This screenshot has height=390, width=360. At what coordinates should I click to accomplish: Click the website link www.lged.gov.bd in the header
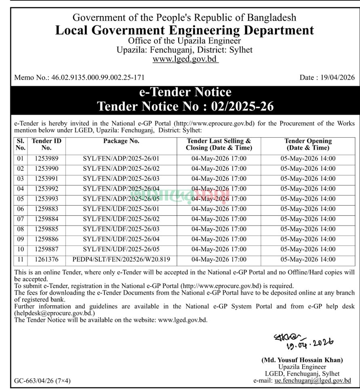(x=185, y=59)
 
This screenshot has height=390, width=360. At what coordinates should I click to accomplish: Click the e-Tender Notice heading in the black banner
(x=185, y=92)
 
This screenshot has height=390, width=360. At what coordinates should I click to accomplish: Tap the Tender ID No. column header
(x=47, y=145)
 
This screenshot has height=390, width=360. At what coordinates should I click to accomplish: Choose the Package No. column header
(x=121, y=141)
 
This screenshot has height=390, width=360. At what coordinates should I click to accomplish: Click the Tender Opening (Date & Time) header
(x=308, y=145)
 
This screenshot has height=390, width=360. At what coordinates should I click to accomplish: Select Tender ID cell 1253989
(x=47, y=159)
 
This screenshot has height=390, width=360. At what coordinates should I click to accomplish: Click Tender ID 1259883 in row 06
(x=47, y=209)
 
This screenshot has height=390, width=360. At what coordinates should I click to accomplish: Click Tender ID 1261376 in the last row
(x=47, y=260)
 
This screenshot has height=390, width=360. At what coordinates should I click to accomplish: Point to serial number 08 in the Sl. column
(x=21, y=229)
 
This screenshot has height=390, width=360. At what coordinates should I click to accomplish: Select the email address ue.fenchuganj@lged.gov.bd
(x=312, y=381)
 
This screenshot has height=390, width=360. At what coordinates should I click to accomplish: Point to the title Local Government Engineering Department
(x=185, y=30)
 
